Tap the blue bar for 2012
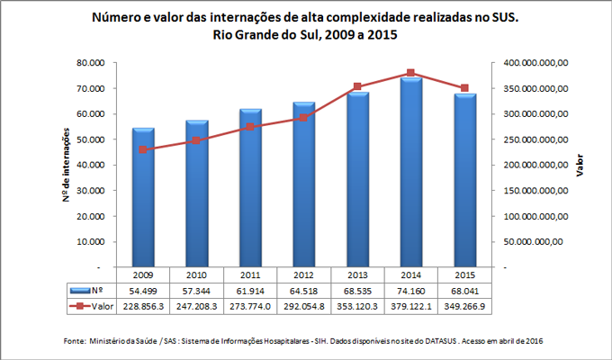tap(303, 184)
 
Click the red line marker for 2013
tap(357, 87)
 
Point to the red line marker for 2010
tap(196, 141)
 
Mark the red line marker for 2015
tap(464, 88)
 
